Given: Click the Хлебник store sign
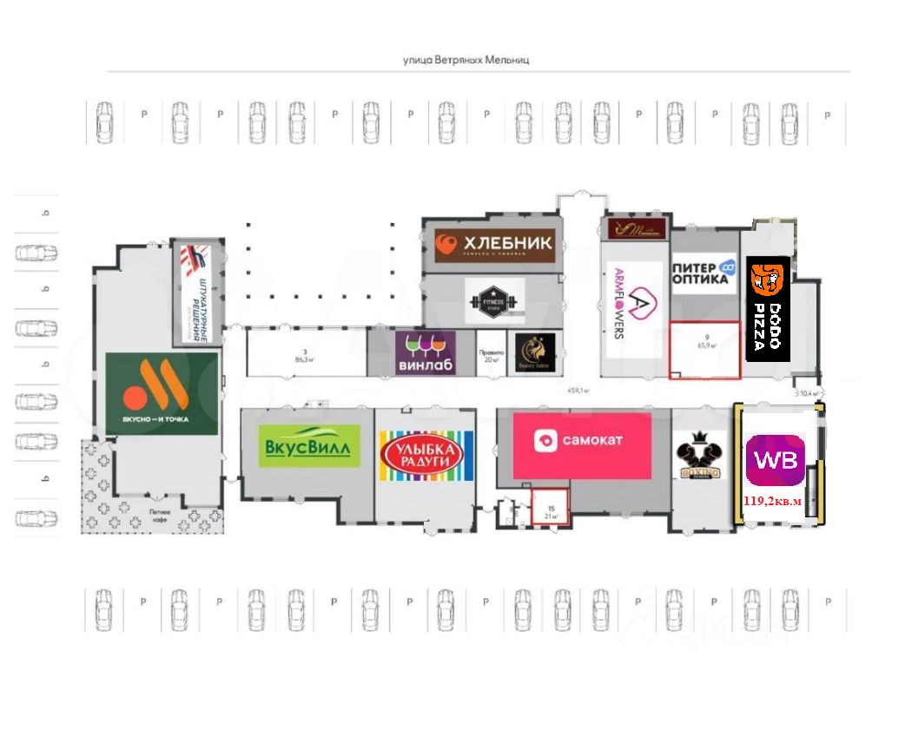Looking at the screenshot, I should (x=494, y=244).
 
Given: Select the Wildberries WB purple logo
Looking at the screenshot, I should (x=775, y=460).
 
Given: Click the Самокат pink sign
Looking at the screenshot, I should (x=582, y=445).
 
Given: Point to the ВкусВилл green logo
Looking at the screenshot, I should (x=310, y=446).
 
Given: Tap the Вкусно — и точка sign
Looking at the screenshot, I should (x=162, y=394).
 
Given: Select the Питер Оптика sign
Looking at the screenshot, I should (x=704, y=273).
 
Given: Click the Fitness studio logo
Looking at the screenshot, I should (x=494, y=300).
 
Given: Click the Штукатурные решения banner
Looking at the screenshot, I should (x=195, y=291).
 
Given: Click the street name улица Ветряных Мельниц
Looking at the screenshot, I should (x=466, y=60).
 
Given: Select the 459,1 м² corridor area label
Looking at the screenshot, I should (x=578, y=391).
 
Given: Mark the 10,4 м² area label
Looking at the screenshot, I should (x=809, y=393).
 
